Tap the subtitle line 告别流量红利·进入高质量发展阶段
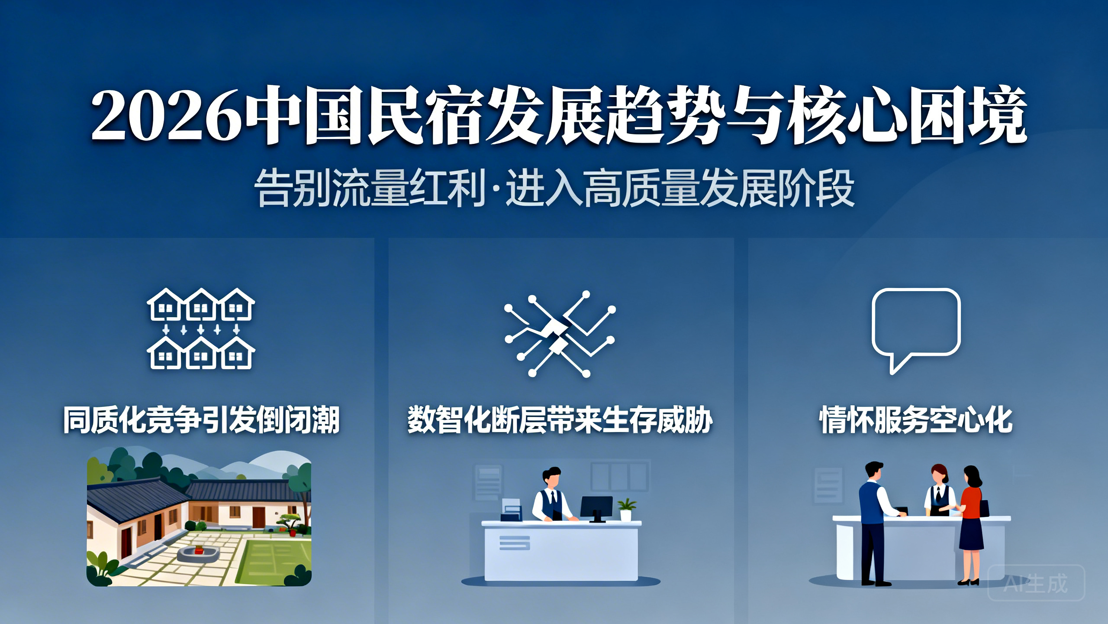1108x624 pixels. point(554,188)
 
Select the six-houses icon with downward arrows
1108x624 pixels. point(201,328)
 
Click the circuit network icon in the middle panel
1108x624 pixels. point(560,334)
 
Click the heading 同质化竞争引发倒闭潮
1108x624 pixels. point(201,419)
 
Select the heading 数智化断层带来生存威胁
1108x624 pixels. point(560,419)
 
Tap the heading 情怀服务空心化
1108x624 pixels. point(916,419)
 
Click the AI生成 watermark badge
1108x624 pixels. point(1036,583)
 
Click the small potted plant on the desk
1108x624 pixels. point(626,510)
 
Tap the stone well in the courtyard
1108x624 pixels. point(198,553)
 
